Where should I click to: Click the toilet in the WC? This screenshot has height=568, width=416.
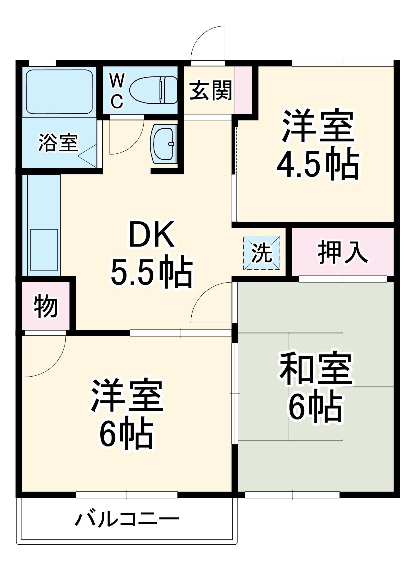click(154, 90)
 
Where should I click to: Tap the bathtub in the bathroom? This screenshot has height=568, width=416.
click(59, 91)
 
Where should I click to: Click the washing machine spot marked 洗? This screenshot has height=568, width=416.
click(262, 252)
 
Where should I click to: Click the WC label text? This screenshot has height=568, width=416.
click(117, 91)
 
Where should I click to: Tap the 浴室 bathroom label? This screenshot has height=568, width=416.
click(58, 142)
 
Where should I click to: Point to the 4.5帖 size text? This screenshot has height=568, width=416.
click(318, 164)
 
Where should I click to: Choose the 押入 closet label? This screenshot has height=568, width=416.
click(342, 252)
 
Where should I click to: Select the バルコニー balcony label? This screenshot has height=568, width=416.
click(127, 519)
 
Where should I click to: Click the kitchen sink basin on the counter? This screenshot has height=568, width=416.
click(44, 250)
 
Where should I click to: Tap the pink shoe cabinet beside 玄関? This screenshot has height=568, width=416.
click(243, 90)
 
